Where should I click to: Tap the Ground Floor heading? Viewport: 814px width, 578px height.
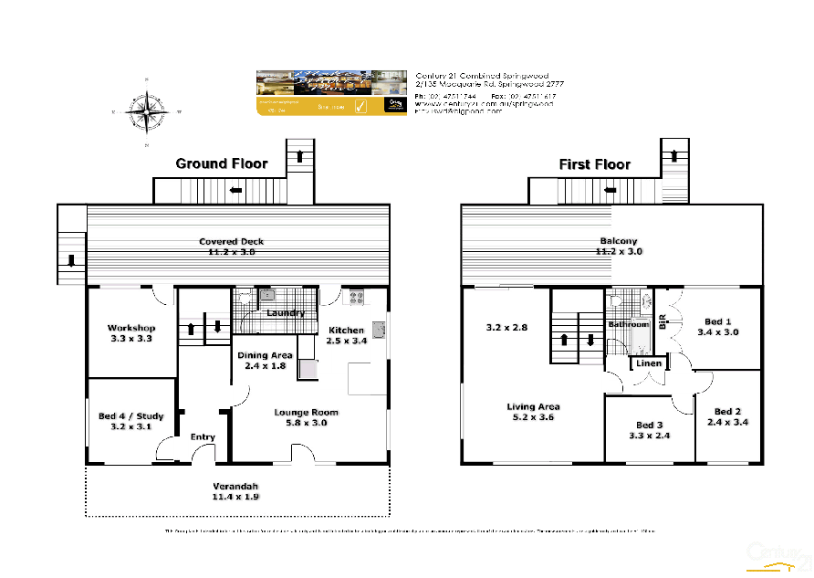222,163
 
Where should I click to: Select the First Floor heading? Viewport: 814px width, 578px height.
594,164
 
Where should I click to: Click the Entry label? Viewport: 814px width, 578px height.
203,437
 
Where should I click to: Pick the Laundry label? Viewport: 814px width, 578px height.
285,313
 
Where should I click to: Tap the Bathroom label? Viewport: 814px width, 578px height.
628,324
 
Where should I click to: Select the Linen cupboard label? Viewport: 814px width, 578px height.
649,363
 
